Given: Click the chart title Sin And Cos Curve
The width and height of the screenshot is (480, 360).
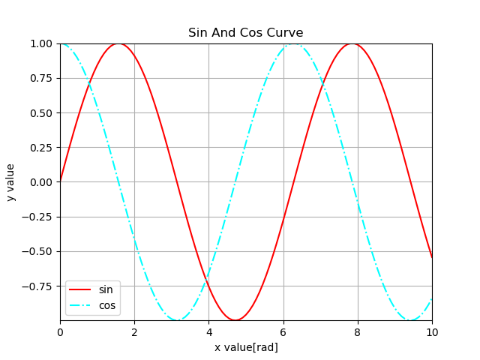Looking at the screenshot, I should coord(245,33).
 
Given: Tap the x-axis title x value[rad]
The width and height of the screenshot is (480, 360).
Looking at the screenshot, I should coord(246,347).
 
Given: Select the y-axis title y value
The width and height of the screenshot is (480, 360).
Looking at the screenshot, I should coord(10,182).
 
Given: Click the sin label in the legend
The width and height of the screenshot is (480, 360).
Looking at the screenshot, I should coord(106,289).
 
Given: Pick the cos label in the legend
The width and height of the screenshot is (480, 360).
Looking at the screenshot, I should coord(107,305).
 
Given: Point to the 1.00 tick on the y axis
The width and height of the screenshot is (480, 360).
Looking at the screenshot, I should coord(42,43).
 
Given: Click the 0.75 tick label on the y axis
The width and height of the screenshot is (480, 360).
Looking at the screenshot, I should coord(42,79).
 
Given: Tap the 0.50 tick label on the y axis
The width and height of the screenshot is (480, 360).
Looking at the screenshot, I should coord(42,113).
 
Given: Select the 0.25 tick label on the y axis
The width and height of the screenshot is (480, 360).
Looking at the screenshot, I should coord(42,148).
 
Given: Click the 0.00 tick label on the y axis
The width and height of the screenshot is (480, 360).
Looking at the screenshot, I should coord(42,182).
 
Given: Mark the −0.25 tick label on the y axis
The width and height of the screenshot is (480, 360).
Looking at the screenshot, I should coord(39,217).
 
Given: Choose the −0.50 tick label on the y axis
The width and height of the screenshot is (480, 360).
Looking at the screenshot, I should coord(39,252).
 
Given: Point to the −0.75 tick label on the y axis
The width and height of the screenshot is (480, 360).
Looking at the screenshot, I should coord(39,286).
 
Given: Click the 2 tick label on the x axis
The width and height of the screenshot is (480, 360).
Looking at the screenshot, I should coord(134,332).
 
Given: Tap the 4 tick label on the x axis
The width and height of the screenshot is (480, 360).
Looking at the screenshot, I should coord(208,332).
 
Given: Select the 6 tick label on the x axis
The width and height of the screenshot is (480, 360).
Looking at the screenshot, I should coord(283,332).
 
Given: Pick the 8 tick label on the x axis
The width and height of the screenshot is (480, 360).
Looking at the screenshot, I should coord(358,332).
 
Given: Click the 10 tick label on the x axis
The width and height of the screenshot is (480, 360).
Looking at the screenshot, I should coord(432,332).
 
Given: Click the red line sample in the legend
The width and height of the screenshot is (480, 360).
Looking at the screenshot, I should coord(82,290).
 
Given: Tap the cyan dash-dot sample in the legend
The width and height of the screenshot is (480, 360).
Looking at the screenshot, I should coord(82,305).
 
